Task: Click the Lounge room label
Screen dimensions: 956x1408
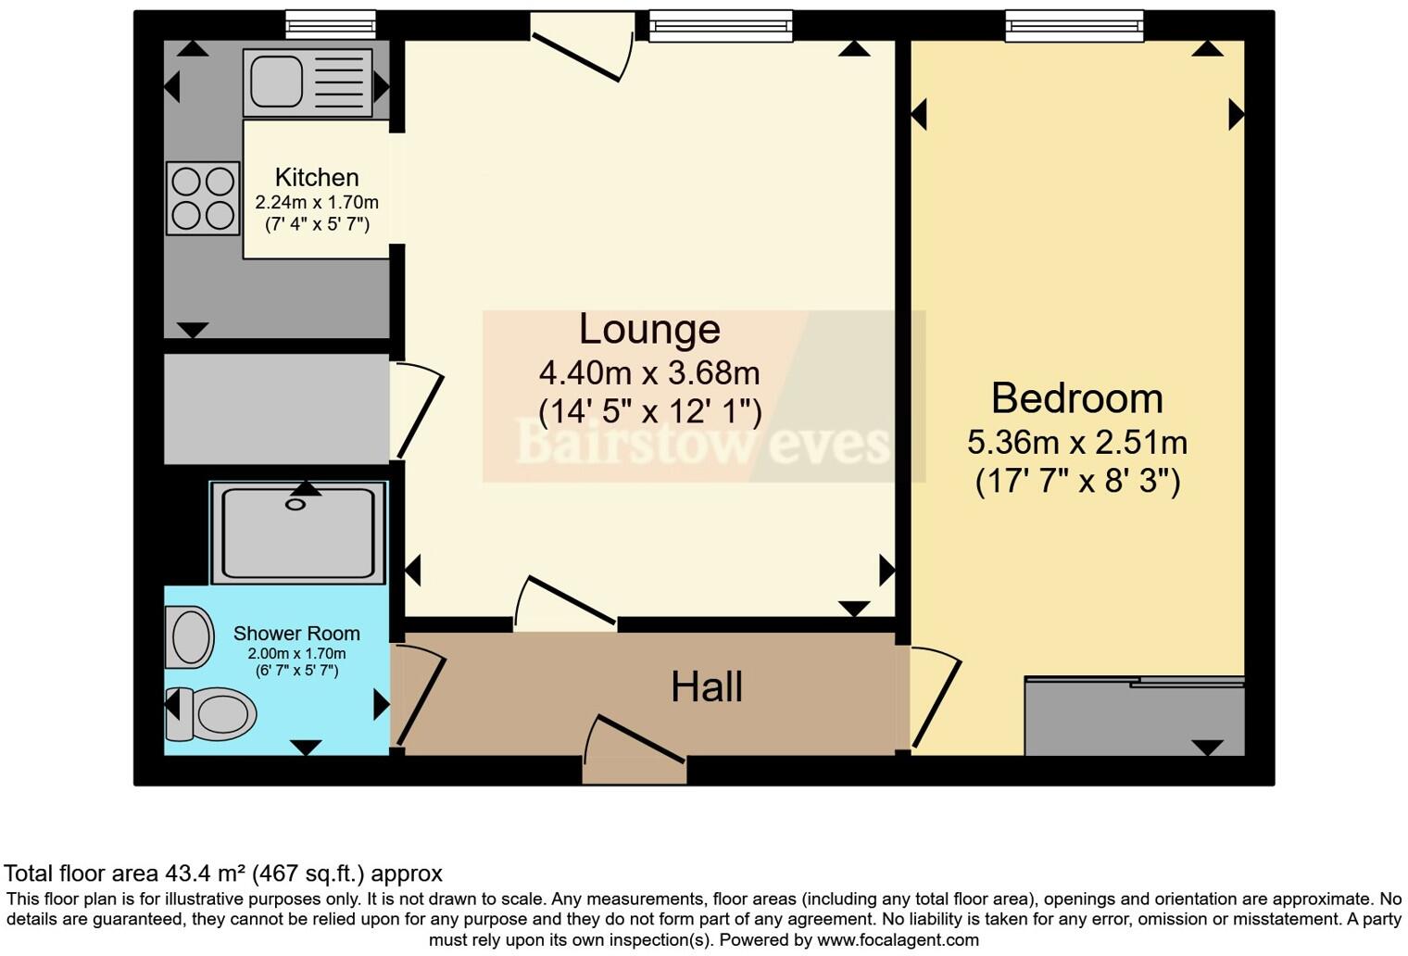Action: coord(649,330)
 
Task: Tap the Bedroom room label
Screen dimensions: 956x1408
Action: coord(1076,398)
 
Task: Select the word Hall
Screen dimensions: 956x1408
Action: coord(707,687)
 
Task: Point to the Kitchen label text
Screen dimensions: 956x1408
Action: coord(317,178)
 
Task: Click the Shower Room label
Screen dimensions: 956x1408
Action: coord(296,634)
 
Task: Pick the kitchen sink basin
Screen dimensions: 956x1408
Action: coord(276,82)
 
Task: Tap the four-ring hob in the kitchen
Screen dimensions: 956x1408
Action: coord(203,197)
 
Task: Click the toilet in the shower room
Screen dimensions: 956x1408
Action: coord(215,713)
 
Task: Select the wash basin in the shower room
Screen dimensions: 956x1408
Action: coord(191,637)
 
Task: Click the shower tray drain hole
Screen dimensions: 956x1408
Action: coord(295,505)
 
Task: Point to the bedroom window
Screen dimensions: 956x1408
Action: coord(1075,25)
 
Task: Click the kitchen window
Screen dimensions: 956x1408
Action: coord(331,25)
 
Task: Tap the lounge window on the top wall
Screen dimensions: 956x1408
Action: coord(721,25)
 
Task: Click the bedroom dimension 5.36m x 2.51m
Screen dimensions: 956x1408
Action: coord(1077,443)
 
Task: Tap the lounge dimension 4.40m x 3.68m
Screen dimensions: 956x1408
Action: coord(649,373)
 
